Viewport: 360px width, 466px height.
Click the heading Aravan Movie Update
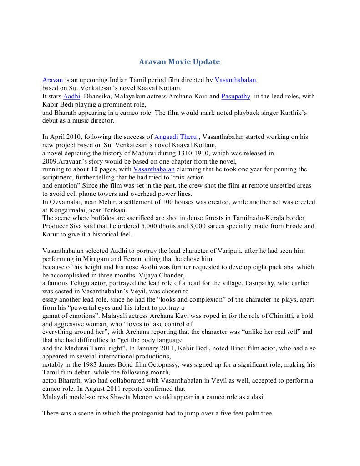(179, 61)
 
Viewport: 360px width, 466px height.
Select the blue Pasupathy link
(236, 97)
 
